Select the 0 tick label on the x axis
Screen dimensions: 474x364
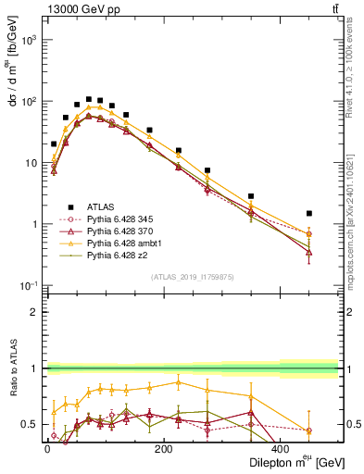[47, 449]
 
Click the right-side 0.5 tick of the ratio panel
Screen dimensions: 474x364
[352, 425]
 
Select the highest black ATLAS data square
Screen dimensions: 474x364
[89, 99]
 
